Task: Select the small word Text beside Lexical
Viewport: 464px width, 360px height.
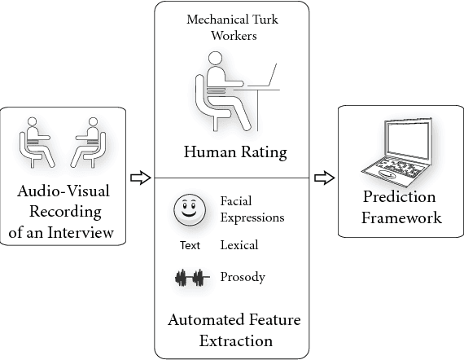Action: click(x=189, y=245)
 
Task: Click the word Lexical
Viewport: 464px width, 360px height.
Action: click(x=239, y=244)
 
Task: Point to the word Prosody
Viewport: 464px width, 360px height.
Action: click(x=243, y=278)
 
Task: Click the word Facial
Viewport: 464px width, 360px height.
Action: click(x=237, y=200)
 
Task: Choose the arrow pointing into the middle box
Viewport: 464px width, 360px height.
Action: click(x=141, y=178)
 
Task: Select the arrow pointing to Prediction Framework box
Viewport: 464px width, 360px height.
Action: click(x=324, y=178)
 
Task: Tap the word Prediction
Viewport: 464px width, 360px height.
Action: click(x=399, y=198)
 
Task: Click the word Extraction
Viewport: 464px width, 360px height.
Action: click(x=235, y=340)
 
